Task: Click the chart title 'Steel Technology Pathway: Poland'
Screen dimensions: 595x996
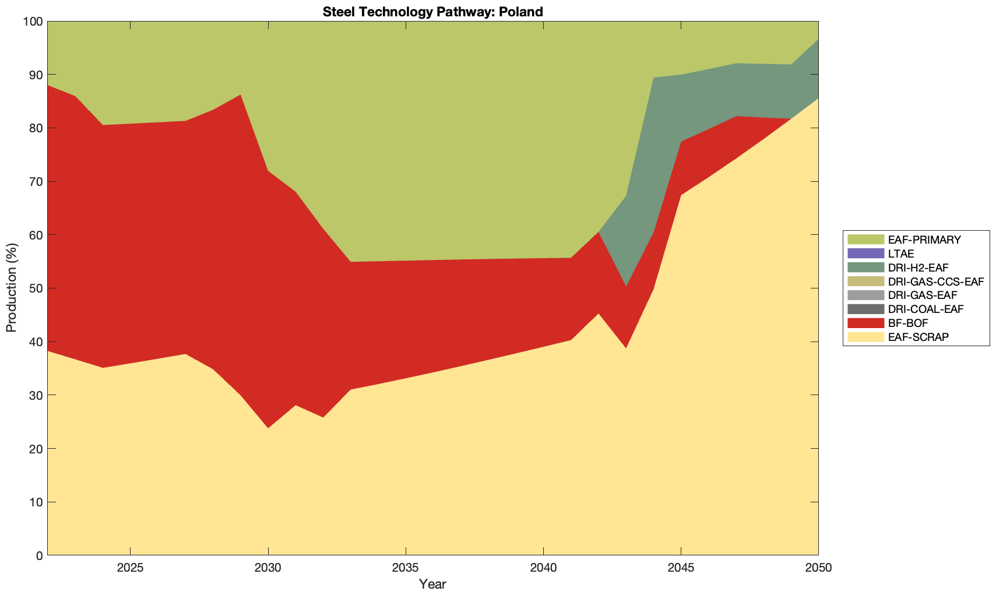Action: pos(432,12)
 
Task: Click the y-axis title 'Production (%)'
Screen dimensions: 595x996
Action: pos(11,288)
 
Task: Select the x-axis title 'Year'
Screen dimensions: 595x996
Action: pos(432,584)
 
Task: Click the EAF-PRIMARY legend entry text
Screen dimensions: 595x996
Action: pos(924,240)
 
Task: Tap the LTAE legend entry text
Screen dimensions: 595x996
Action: pos(901,254)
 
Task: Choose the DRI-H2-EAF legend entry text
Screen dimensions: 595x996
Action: pos(918,267)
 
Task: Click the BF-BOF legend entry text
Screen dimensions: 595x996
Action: pos(908,323)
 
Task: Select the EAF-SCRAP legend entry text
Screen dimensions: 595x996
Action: pos(918,337)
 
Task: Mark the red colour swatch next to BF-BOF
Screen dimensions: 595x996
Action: pos(865,323)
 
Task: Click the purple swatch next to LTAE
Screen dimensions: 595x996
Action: pos(865,254)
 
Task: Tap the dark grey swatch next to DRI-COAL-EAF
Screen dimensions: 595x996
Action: pos(865,309)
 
